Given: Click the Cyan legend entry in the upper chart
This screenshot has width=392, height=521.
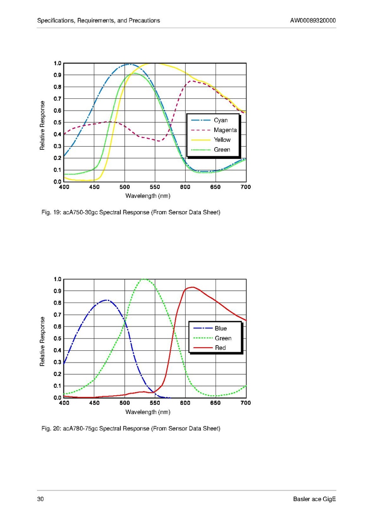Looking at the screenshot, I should coord(220,120).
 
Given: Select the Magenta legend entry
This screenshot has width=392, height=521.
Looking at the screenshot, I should coord(225,130).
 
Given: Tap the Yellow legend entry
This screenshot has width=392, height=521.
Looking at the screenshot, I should coord(222,140).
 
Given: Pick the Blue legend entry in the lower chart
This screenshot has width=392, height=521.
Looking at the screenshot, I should coord(221,329).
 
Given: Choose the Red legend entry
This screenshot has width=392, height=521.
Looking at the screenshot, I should coord(220,348).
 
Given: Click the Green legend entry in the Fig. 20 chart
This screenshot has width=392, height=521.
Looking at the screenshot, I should coord(223,338).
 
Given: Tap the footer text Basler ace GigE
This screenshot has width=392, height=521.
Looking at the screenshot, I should coord(315,499).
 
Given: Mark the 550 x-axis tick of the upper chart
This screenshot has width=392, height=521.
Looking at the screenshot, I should coord(155,187).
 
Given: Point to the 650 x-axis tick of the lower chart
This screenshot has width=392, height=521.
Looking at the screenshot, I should coord(216,403).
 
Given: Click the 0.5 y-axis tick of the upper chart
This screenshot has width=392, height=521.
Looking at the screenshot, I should coord(57,122).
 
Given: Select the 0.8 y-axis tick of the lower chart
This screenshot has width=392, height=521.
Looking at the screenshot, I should coord(57,303).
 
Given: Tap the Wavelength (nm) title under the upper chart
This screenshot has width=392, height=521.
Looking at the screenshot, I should coord(148,196).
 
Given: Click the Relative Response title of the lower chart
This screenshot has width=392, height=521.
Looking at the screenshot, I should coord(43,341).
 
